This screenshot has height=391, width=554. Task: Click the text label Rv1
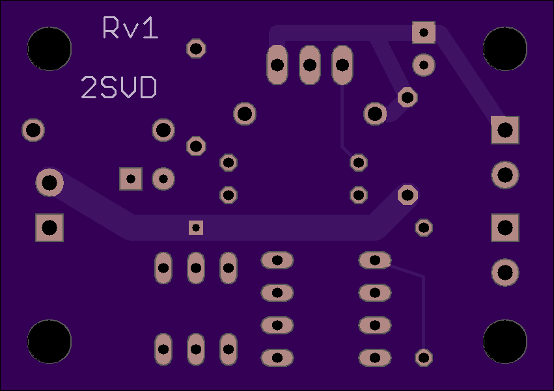(130, 27)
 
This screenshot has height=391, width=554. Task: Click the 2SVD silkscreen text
(119, 87)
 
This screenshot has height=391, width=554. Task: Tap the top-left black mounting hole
(49, 49)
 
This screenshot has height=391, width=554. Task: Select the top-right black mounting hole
(505, 49)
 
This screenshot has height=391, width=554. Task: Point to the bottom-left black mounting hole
(49, 342)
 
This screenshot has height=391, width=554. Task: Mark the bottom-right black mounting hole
(505, 342)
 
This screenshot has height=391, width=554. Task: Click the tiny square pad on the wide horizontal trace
(196, 228)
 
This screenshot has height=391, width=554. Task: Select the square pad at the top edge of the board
(424, 33)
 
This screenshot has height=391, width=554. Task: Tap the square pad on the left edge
(49, 228)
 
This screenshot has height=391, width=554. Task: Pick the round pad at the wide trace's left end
(49, 183)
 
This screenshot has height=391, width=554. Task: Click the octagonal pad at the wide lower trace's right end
(408, 195)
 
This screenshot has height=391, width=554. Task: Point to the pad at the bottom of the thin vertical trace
(424, 358)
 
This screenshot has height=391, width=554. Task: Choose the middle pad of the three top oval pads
(310, 65)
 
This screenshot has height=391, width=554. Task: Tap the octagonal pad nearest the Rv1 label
(196, 48)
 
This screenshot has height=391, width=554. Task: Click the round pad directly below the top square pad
(424, 65)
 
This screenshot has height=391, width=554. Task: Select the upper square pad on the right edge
(505, 130)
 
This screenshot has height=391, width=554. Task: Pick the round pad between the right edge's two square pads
(505, 174)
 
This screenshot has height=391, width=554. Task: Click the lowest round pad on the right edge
(505, 273)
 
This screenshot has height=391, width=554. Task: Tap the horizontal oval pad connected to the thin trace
(375, 260)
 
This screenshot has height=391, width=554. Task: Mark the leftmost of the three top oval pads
(277, 65)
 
